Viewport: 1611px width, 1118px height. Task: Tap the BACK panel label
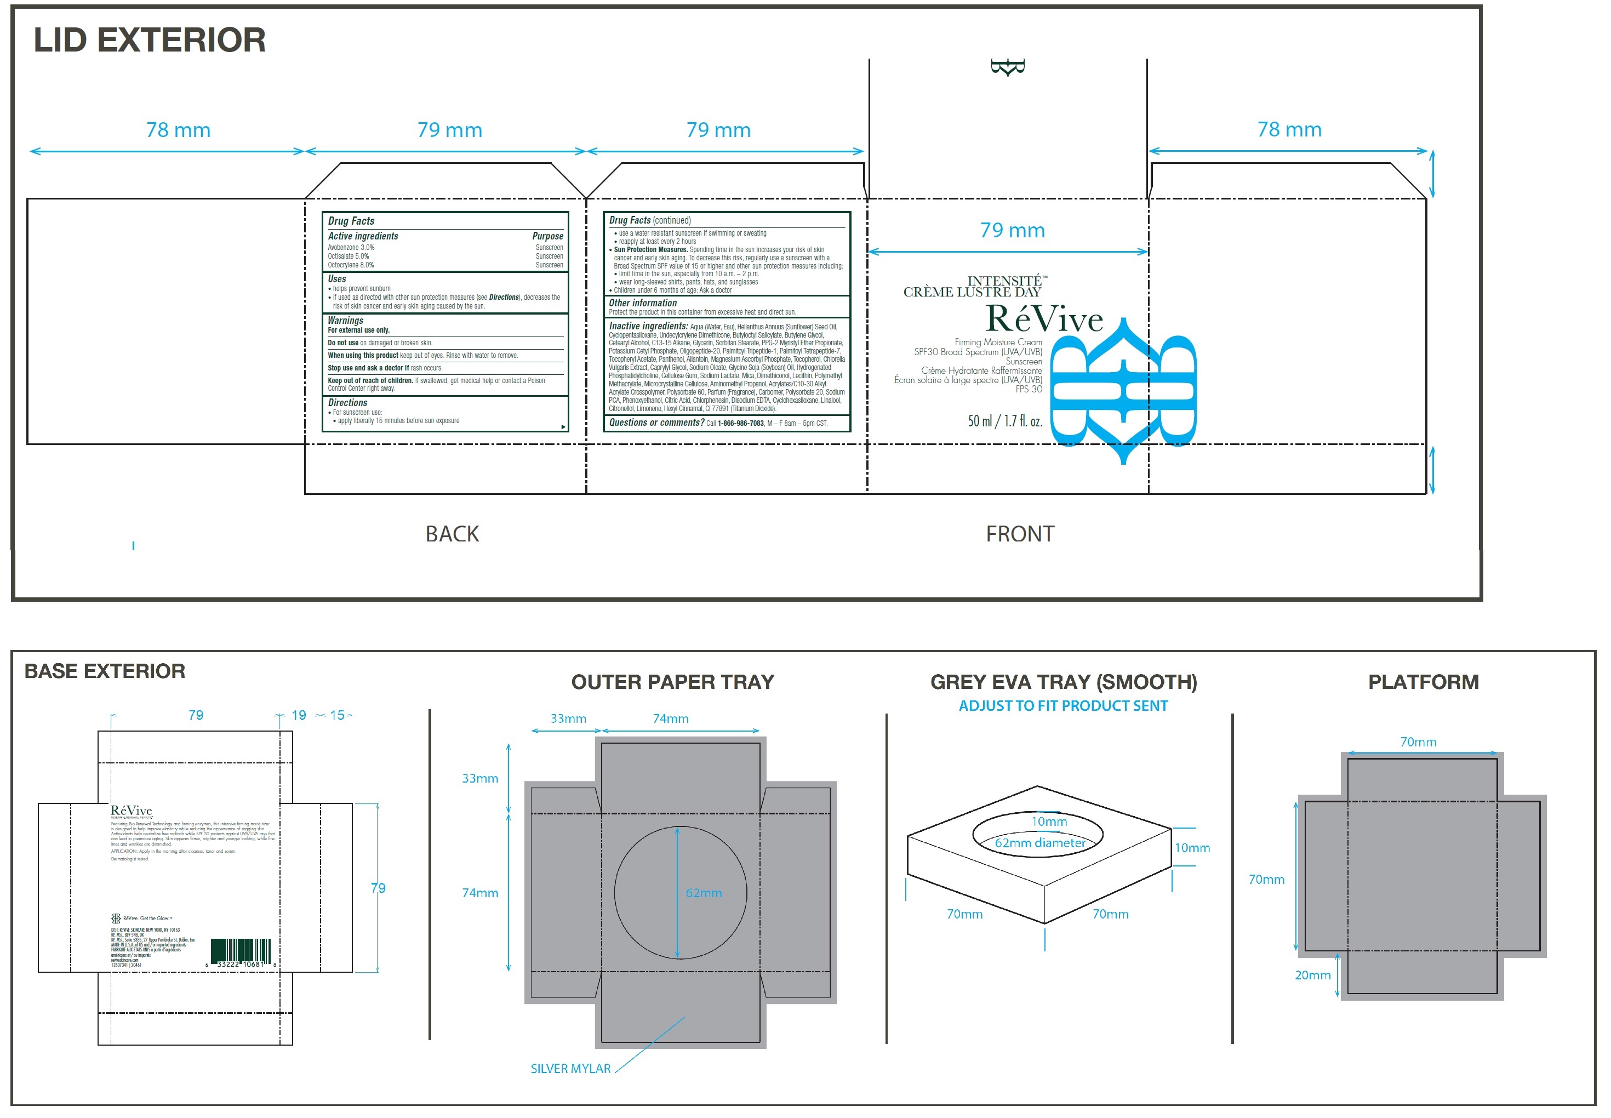[x=452, y=534]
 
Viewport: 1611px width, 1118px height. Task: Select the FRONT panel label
[x=1019, y=534]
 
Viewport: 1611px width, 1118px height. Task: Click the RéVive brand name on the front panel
[x=1044, y=319]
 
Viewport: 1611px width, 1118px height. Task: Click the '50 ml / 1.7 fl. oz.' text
[x=1004, y=421]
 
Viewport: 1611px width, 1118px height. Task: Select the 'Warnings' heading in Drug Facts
[x=345, y=320]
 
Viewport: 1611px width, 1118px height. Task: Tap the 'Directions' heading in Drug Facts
[x=347, y=403]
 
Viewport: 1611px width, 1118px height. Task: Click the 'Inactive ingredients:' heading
[x=648, y=326]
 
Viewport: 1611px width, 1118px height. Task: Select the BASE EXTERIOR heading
[x=105, y=671]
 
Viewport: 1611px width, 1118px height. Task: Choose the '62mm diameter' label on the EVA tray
[x=1040, y=843]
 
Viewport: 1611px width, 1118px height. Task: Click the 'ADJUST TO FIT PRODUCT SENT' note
[x=1062, y=705]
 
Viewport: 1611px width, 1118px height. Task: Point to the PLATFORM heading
[x=1423, y=682]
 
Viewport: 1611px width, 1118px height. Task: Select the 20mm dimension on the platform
[x=1312, y=974]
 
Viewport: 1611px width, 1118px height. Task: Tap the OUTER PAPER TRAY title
[x=672, y=682]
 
